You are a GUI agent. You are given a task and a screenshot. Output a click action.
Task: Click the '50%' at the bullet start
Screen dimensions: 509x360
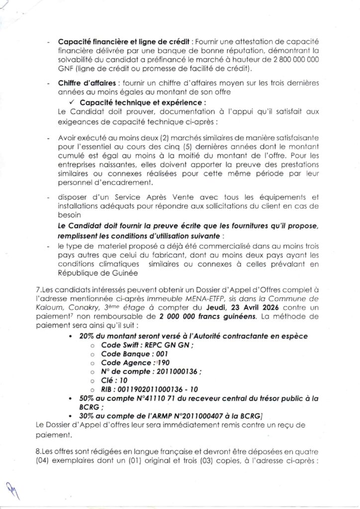[87, 399]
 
